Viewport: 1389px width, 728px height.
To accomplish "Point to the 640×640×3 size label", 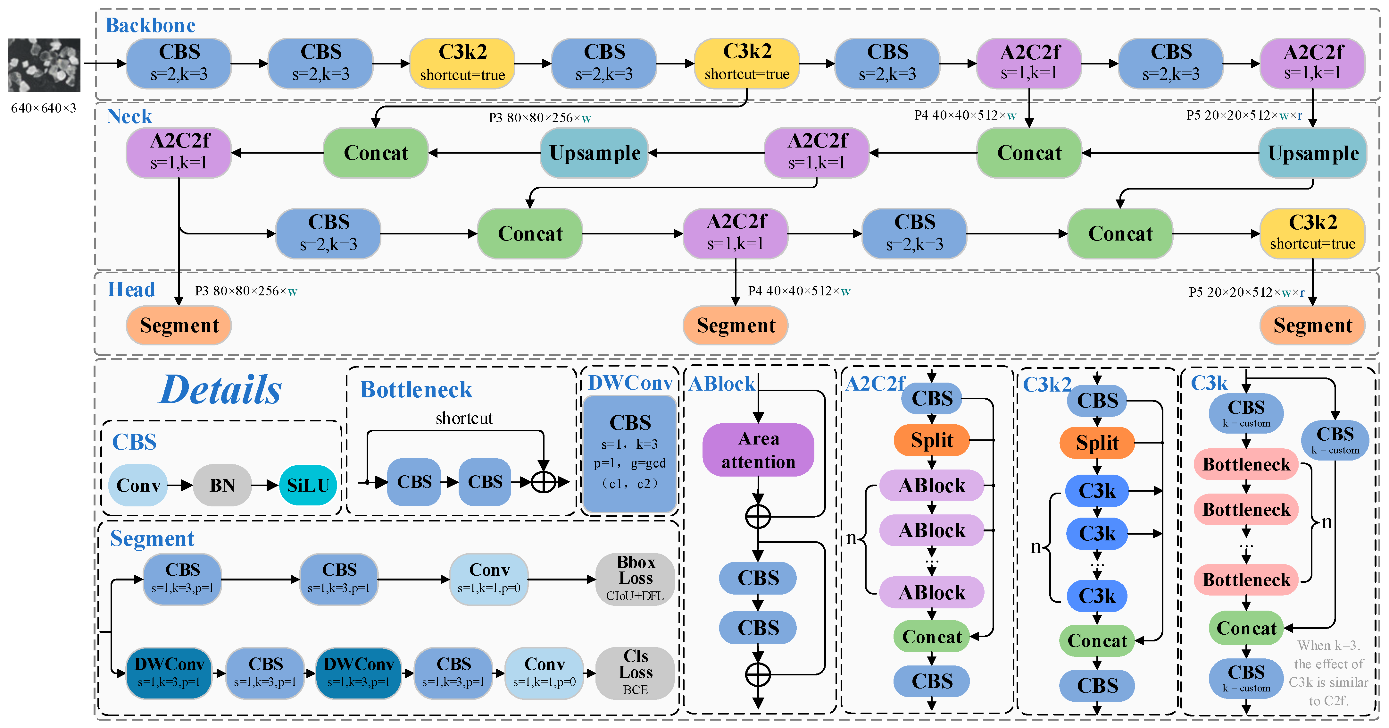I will pos(44,108).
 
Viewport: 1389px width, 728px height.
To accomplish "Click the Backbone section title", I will pos(150,25).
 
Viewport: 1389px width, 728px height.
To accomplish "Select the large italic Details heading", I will pos(220,390).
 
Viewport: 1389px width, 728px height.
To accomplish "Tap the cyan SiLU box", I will pos(308,485).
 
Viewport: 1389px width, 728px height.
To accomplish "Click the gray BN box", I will pos(222,485).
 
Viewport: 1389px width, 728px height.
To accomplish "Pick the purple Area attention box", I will pos(758,450).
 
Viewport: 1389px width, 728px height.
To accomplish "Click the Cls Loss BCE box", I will pos(635,673).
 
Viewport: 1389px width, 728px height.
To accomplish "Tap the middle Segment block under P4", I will pos(736,326).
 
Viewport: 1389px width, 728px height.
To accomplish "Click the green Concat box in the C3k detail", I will pos(1246,628).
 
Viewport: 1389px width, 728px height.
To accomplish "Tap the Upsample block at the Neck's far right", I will pos(1312,153).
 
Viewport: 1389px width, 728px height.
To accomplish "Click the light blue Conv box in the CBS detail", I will pos(138,485).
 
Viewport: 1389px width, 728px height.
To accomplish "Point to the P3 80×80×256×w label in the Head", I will pos(246,292).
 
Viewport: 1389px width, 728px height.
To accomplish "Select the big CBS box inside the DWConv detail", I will pos(630,453).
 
